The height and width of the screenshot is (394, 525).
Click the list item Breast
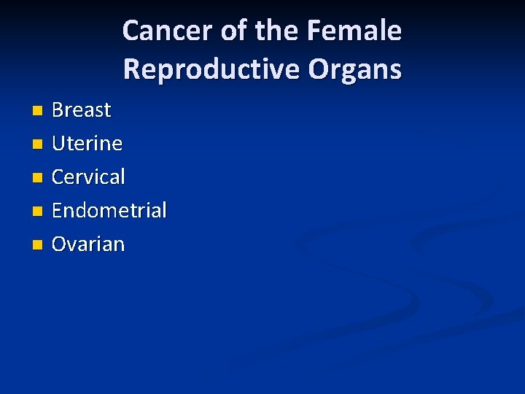tap(82, 110)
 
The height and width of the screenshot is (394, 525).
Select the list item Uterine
tap(87, 144)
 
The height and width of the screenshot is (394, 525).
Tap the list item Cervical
tap(88, 177)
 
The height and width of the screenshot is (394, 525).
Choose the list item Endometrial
tap(109, 210)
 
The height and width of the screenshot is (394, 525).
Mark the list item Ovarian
tap(88, 244)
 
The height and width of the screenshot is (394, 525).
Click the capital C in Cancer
tap(132, 31)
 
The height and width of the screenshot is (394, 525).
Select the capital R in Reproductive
tap(132, 69)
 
